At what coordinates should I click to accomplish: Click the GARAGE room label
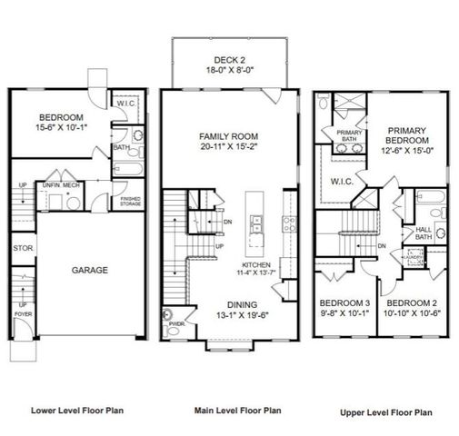pyautogui.click(x=91, y=270)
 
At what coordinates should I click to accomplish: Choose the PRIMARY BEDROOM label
pyautogui.click(x=406, y=135)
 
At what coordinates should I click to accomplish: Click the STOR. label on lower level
pyautogui.click(x=23, y=246)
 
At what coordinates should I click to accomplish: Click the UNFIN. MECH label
pyautogui.click(x=57, y=184)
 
